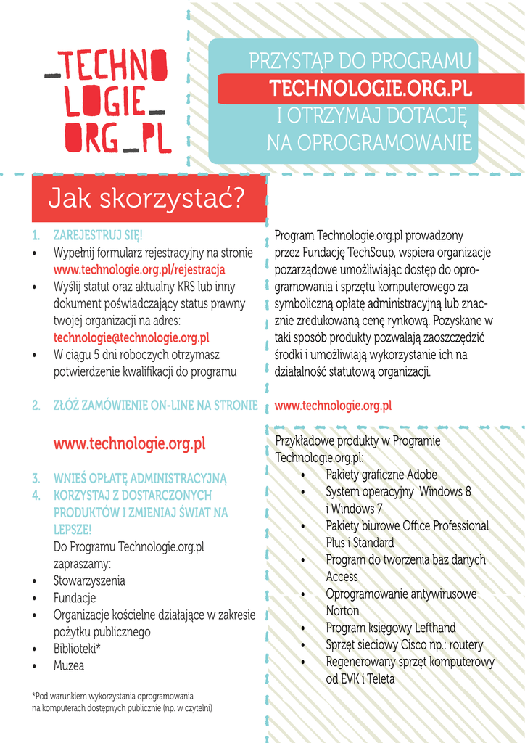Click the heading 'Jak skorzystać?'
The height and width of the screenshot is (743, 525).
click(145, 198)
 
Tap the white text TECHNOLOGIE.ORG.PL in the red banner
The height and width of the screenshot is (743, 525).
click(371, 89)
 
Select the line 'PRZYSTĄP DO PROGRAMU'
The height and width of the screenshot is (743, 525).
click(360, 62)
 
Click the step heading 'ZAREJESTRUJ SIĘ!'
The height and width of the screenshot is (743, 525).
click(98, 236)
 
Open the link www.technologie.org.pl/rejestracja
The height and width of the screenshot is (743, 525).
click(139, 270)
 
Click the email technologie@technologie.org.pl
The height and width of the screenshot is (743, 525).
click(131, 337)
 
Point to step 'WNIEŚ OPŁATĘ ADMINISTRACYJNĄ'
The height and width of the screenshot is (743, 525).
click(140, 478)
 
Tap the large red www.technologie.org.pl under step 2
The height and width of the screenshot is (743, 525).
click(129, 443)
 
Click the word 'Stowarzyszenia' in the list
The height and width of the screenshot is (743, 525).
click(89, 580)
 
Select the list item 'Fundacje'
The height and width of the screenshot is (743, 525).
click(75, 598)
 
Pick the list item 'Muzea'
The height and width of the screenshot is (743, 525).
click(69, 665)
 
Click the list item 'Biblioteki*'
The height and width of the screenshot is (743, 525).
click(77, 649)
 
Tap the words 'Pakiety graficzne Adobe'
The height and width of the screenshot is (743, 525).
click(381, 475)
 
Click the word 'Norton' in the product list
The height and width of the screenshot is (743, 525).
click(342, 611)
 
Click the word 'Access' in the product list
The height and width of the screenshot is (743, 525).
click(342, 577)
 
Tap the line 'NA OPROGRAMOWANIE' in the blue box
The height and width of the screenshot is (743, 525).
click(369, 143)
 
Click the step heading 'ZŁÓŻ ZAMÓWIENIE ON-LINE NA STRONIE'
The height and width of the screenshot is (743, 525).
click(155, 406)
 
